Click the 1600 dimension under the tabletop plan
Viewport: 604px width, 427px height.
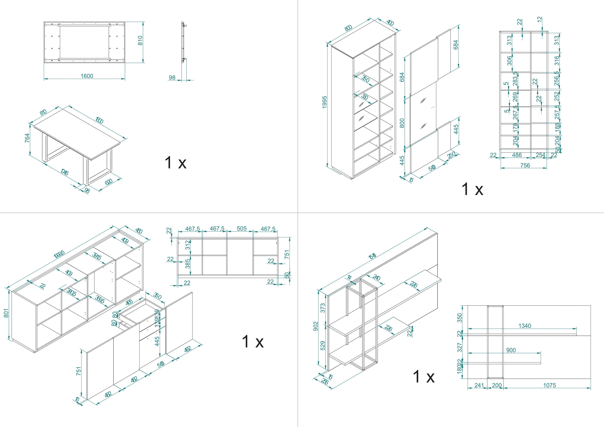click(x=87, y=76)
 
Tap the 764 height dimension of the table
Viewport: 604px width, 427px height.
click(x=27, y=138)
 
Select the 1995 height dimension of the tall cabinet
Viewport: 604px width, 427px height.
click(x=324, y=102)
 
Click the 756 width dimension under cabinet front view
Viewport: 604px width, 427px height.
click(x=525, y=165)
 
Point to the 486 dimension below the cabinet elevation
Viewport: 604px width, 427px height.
click(x=517, y=155)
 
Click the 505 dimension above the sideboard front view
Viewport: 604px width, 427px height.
click(x=242, y=228)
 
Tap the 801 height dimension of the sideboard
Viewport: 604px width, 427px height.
click(x=6, y=313)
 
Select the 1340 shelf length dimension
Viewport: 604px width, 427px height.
click(x=524, y=326)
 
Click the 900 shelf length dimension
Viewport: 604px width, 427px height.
click(x=511, y=350)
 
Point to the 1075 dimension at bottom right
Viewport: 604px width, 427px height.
click(x=550, y=385)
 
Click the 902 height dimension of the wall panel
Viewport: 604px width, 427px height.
click(x=316, y=326)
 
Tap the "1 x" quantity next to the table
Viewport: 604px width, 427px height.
click(x=175, y=162)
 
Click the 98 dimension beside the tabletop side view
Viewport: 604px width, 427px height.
click(x=172, y=78)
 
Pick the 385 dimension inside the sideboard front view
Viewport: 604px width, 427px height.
click(x=187, y=264)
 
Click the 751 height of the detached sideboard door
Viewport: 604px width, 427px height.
click(x=78, y=371)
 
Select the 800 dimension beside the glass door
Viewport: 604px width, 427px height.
click(x=402, y=123)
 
